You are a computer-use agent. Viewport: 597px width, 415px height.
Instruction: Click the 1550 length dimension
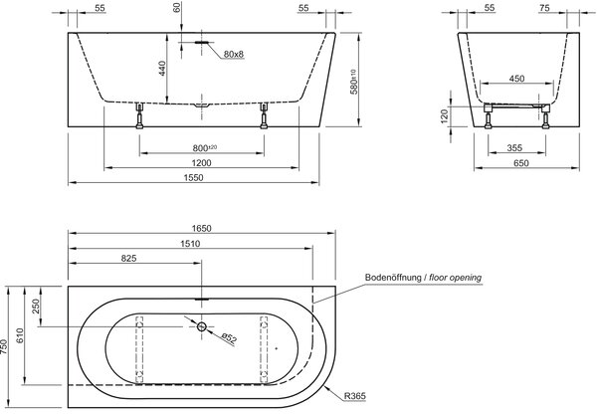193,178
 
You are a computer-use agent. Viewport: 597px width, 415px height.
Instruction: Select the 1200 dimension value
201,163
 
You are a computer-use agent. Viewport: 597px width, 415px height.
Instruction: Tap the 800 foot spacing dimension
204,147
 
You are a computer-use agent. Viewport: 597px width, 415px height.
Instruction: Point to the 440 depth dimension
162,69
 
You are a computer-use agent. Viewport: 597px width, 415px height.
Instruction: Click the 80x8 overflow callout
234,54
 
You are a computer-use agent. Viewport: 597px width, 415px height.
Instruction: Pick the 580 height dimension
354,82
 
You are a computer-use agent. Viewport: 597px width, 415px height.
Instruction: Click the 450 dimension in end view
516,79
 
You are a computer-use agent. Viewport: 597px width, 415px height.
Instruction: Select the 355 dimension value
514,147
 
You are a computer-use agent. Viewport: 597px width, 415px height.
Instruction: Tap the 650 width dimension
521,163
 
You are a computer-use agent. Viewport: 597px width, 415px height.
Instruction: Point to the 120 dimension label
444,116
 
